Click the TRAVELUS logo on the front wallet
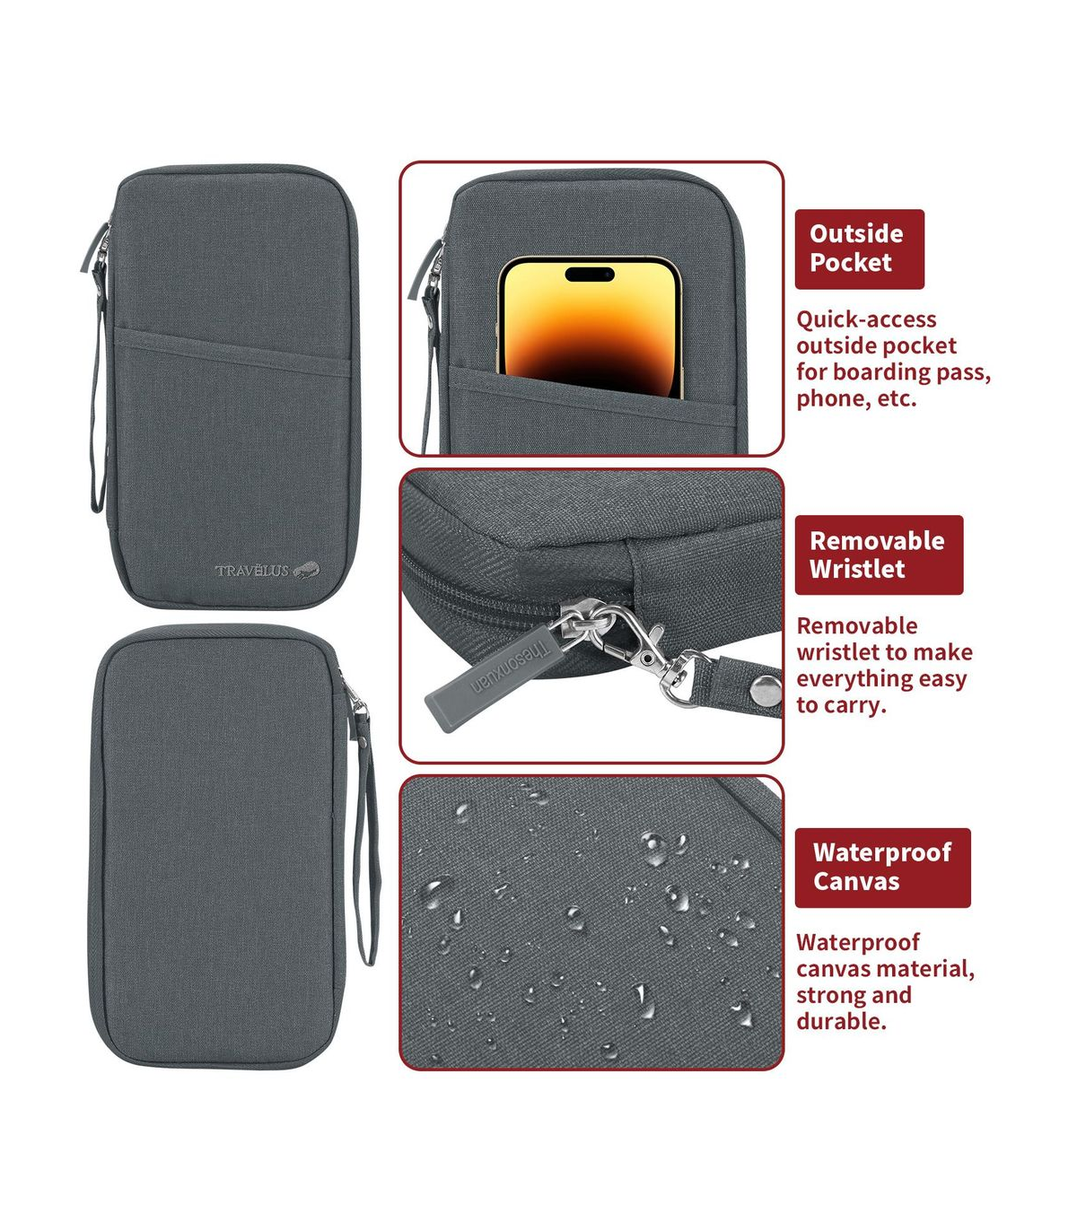coord(267,570)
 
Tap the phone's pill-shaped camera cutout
coord(590,275)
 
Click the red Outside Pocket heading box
coord(859,249)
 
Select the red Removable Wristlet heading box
coord(879,554)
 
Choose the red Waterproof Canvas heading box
coord(882,868)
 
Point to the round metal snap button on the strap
coord(766,690)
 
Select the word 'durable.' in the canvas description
coord(841,1021)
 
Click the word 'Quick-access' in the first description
coord(866,319)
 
